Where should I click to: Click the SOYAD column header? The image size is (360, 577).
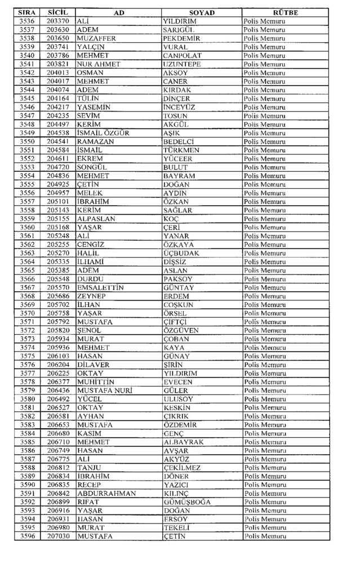[x=201, y=12]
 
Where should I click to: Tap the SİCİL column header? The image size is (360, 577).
[x=58, y=12]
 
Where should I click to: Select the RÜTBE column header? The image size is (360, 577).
[x=285, y=12]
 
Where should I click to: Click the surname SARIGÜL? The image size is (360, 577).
[x=179, y=29]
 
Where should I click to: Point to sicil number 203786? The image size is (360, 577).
[x=58, y=55]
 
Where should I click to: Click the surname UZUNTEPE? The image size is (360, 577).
[x=182, y=64]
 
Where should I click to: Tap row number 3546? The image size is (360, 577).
[x=27, y=106]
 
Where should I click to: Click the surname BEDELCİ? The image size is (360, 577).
[x=179, y=141]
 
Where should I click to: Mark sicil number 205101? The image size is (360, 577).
[x=58, y=201]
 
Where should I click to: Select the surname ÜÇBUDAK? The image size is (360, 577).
[x=181, y=253]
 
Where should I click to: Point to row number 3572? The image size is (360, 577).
[x=27, y=330]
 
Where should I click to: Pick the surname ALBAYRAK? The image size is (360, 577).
[x=183, y=442]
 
